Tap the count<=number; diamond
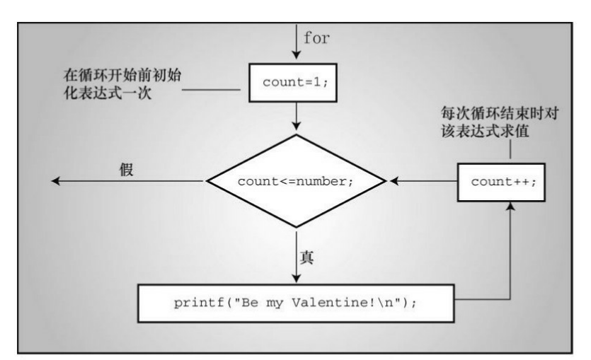[295, 182]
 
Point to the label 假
[127, 170]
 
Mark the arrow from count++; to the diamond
[422, 182]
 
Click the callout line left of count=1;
[221, 91]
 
